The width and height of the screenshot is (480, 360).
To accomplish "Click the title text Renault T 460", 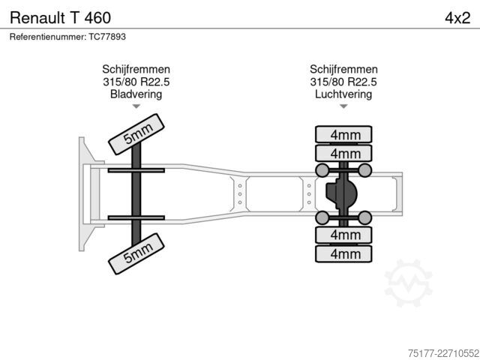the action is click(x=60, y=17).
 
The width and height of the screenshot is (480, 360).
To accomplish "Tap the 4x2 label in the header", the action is click(x=457, y=18).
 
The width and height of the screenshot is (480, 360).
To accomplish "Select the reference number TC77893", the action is click(x=107, y=37).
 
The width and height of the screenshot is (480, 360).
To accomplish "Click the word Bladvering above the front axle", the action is click(x=136, y=94).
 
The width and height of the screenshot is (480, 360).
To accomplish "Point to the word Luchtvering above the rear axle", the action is click(x=343, y=94).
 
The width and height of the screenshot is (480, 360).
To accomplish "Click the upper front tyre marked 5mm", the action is click(x=136, y=134).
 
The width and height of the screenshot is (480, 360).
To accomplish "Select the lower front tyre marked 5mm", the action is click(x=136, y=253).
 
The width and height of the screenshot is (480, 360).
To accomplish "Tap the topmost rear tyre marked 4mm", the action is click(x=343, y=134).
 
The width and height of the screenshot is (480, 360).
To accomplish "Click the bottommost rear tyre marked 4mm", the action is click(x=343, y=253).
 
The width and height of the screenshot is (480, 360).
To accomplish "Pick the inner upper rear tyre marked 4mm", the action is click(x=343, y=153).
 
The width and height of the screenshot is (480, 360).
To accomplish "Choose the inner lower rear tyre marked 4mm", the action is click(x=343, y=235).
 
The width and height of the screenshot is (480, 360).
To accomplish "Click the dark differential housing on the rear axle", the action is click(x=341, y=193).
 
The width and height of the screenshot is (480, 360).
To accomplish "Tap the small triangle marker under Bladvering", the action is click(x=136, y=106).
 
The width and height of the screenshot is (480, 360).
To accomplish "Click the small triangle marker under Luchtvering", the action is click(x=343, y=106).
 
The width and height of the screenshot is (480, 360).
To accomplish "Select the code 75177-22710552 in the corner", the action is click(x=443, y=353).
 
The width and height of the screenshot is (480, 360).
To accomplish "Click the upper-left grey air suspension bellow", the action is click(x=322, y=170).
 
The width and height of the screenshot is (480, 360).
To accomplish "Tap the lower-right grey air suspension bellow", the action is click(x=365, y=217).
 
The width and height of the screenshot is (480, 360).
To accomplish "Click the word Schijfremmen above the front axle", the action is click(x=136, y=69).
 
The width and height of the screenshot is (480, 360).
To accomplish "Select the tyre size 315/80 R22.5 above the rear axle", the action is click(x=343, y=82).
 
